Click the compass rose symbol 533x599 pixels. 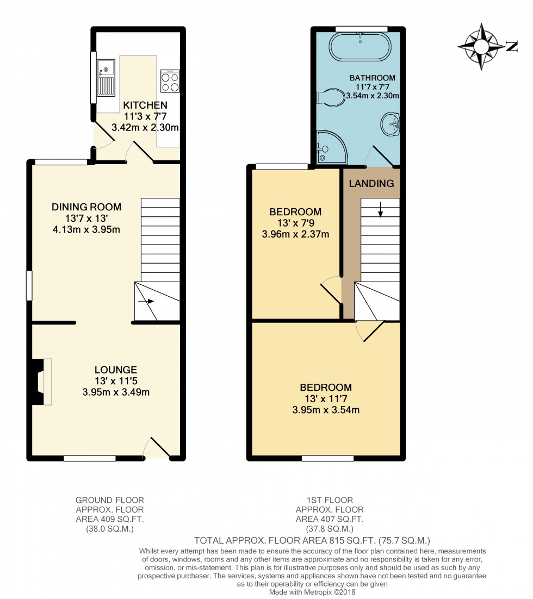[481, 47]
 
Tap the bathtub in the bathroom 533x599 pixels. [361, 47]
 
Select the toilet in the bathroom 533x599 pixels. [331, 97]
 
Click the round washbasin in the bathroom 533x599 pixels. [391, 124]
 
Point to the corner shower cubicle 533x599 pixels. [331, 147]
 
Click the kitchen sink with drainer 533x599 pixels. [106, 78]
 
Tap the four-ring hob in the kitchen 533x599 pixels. [170, 81]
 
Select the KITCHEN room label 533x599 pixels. [145, 105]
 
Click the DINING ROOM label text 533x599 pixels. [86, 207]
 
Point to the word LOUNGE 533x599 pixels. [116, 370]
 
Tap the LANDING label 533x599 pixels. [371, 183]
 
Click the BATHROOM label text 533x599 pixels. [373, 78]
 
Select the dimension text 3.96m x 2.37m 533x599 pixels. [295, 234]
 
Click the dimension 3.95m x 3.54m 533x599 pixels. [326, 410]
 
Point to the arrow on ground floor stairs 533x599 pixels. [146, 302]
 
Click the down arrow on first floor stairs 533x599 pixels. [380, 209]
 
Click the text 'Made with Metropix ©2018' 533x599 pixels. [312, 592]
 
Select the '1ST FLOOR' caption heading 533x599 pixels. [330, 500]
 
